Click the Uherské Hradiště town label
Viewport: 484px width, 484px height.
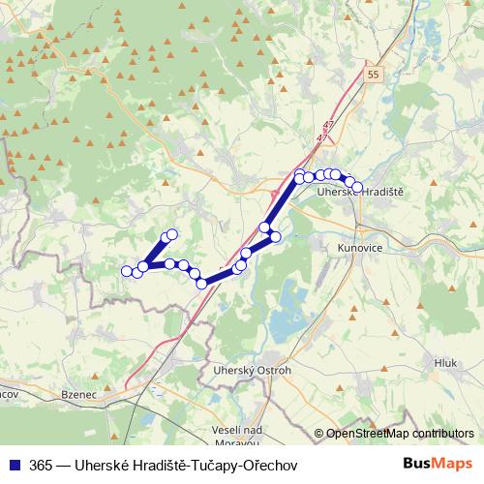(x=361, y=194)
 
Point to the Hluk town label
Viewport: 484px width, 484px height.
(x=445, y=362)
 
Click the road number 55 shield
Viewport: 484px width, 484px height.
(x=374, y=74)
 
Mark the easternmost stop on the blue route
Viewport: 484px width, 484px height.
(x=357, y=187)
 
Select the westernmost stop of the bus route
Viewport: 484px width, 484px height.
(x=126, y=270)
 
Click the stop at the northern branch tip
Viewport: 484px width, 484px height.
(x=172, y=234)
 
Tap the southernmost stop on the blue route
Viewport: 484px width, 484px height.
(x=202, y=283)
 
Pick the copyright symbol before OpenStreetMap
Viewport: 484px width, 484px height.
(x=318, y=434)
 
